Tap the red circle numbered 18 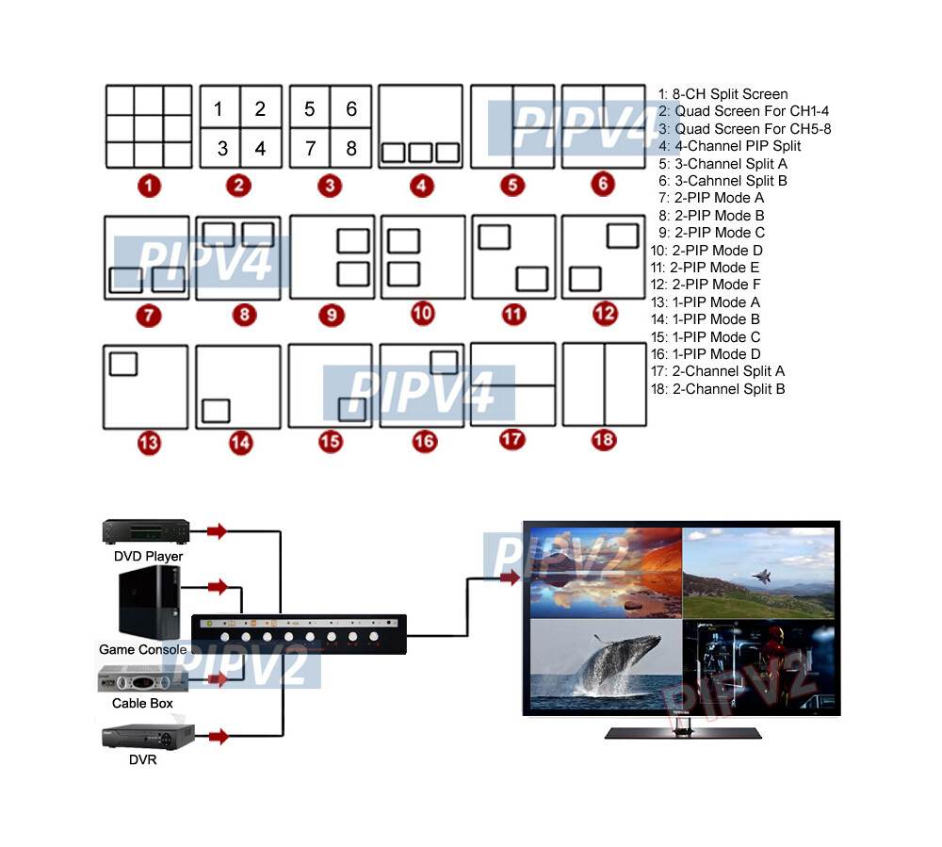[x=604, y=440]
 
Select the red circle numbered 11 [x=513, y=314]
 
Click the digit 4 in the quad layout [x=260, y=149]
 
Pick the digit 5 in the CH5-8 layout [x=309, y=109]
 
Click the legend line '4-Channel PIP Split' [x=730, y=146]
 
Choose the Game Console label [x=143, y=649]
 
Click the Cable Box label [x=142, y=703]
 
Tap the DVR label [x=142, y=759]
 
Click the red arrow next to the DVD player [x=218, y=531]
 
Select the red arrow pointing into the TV [x=509, y=578]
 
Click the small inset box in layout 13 [x=122, y=363]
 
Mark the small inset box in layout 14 [x=216, y=410]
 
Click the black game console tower [x=149, y=603]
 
